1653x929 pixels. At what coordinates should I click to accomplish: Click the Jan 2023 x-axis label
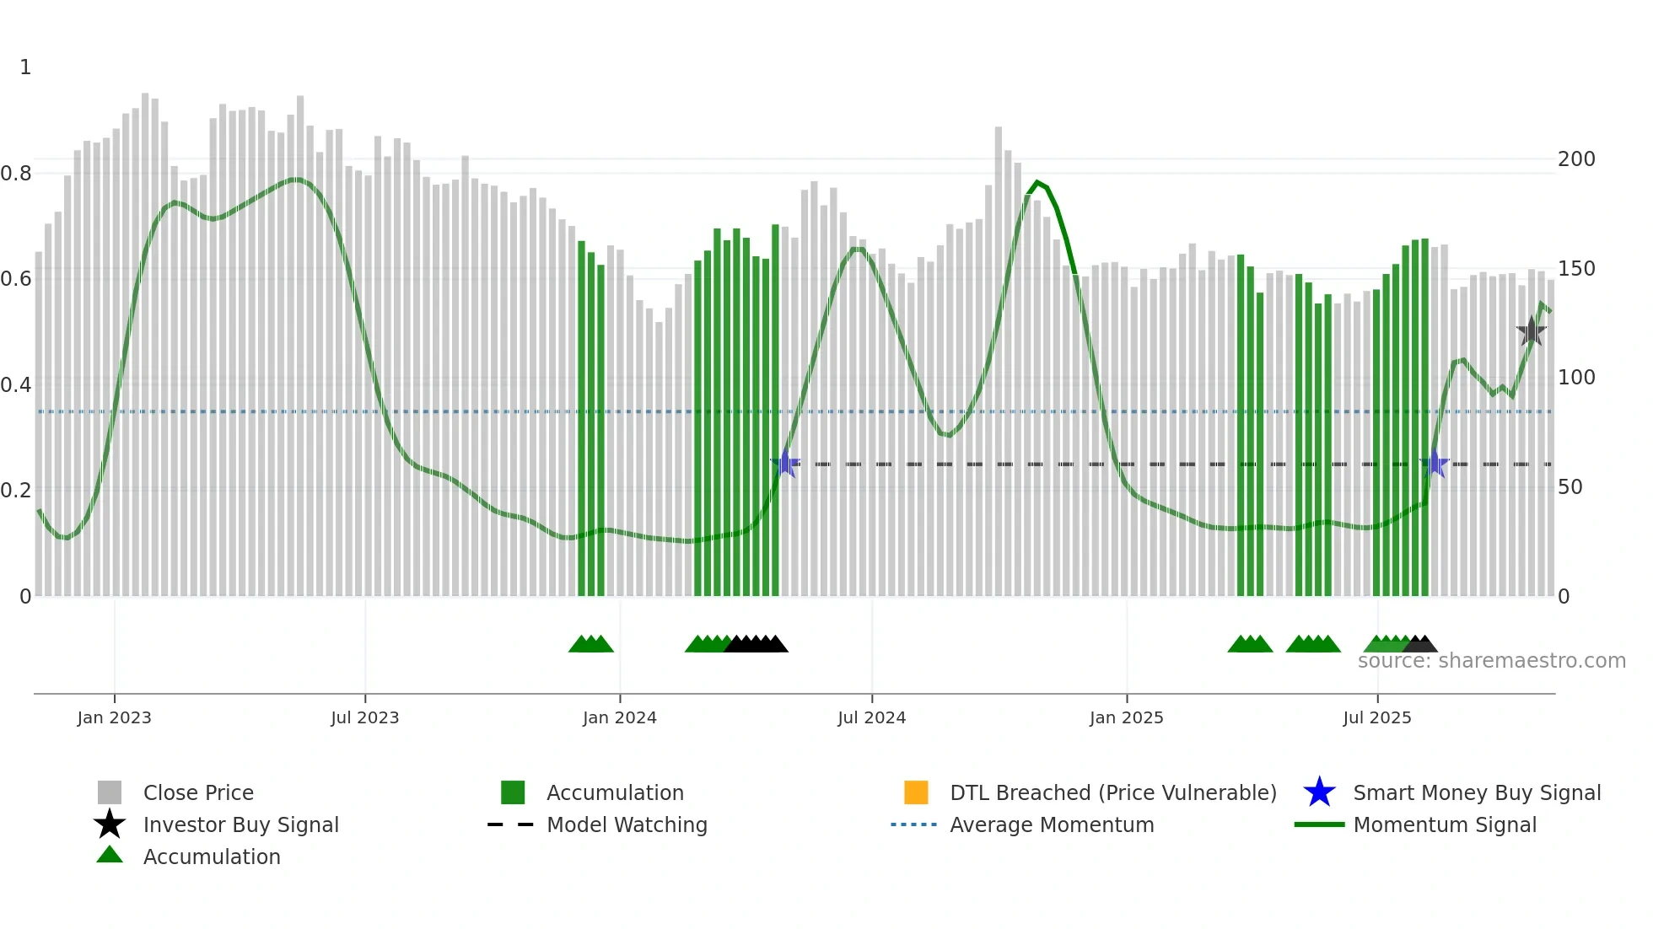click(114, 717)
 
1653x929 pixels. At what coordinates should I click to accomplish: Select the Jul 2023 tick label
click(364, 717)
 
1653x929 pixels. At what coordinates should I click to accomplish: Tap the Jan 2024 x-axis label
click(619, 717)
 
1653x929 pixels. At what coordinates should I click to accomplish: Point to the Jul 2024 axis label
click(871, 717)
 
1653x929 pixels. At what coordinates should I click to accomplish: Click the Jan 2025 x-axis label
click(1126, 717)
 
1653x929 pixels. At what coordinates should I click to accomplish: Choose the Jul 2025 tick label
click(1376, 717)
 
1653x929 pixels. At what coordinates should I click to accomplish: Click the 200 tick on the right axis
click(1576, 159)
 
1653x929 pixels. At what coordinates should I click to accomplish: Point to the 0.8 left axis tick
click(16, 174)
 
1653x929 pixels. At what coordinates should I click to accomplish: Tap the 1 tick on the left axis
click(25, 67)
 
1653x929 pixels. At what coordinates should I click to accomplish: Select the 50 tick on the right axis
click(1570, 487)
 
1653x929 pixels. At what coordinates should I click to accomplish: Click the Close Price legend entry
click(198, 792)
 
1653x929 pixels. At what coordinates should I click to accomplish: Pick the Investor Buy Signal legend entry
click(240, 824)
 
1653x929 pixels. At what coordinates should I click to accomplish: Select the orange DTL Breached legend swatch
click(916, 792)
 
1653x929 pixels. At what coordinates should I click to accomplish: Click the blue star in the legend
click(1319, 792)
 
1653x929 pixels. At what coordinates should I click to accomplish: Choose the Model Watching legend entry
click(627, 824)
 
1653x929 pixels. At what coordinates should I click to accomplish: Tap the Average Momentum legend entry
click(1052, 824)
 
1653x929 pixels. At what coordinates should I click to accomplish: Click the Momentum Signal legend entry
click(1445, 824)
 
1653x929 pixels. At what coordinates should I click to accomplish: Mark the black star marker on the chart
click(1531, 331)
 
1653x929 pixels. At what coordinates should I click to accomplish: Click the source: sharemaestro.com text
click(1491, 661)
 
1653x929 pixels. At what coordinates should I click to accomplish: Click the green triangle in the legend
click(110, 855)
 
